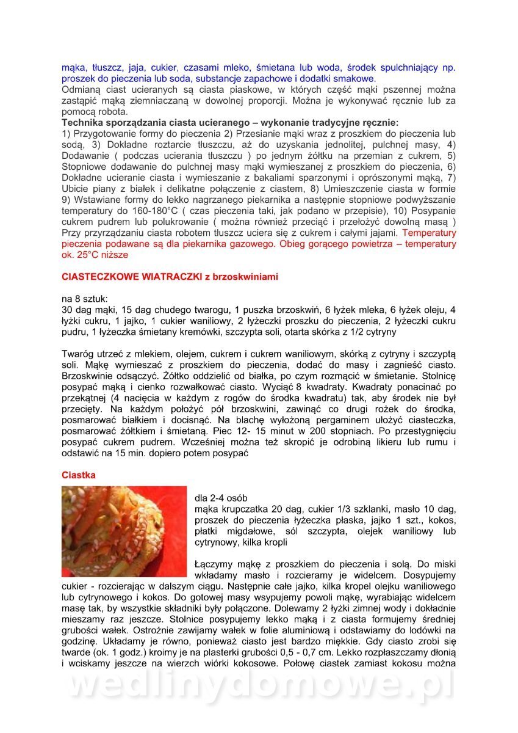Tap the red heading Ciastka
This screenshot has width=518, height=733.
[78, 475]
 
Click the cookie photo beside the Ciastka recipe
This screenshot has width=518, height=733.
[124, 531]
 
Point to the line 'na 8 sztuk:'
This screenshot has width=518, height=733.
[85, 299]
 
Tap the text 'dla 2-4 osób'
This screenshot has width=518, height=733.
[221, 498]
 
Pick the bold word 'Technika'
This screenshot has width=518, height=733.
[83, 122]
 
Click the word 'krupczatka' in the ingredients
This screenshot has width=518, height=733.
[248, 509]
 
